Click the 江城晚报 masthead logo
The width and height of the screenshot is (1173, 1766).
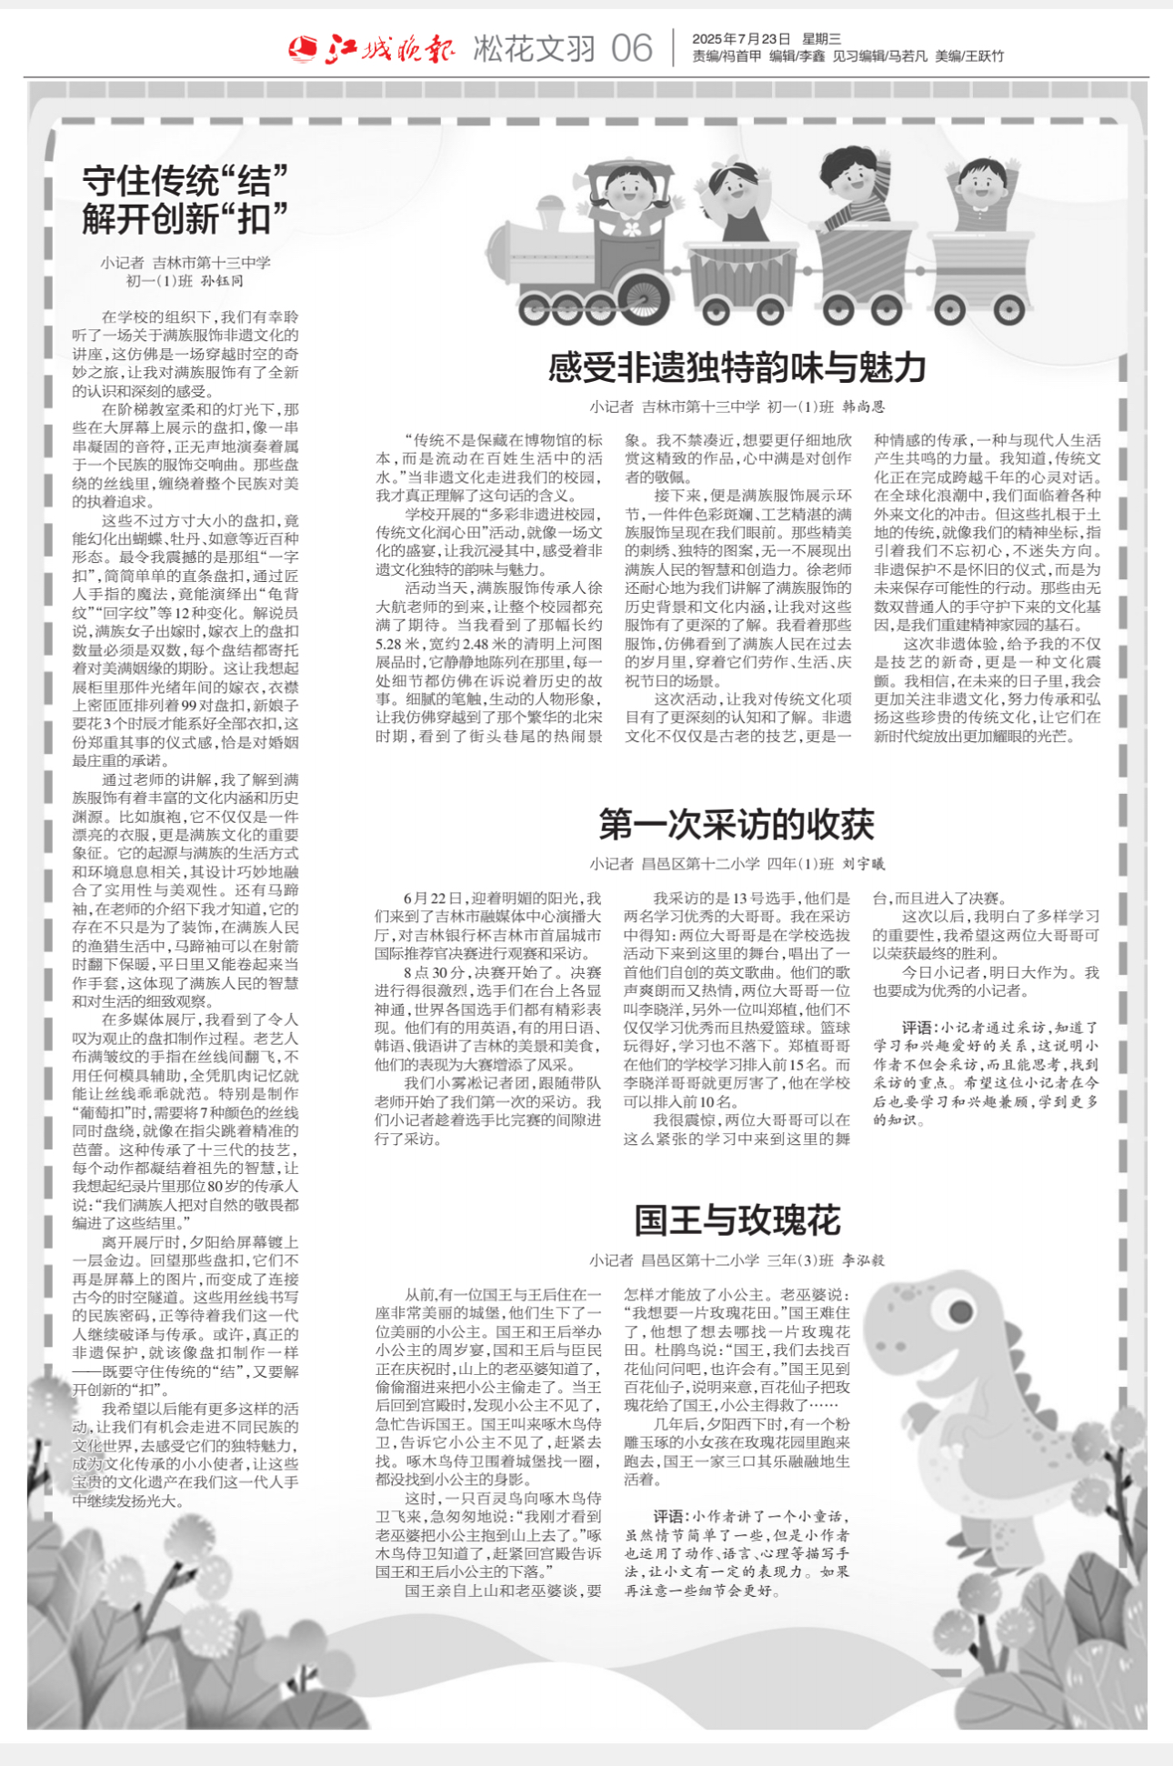point(373,47)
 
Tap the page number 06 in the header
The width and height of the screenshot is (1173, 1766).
point(631,48)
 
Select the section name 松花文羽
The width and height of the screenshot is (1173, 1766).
point(534,48)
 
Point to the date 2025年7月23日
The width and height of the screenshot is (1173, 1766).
point(741,39)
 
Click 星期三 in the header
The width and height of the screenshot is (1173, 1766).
point(821,39)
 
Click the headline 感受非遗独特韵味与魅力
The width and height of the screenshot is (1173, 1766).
point(737,368)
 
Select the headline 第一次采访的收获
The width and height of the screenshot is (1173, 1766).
point(737,824)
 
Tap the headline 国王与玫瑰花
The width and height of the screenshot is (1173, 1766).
point(737,1220)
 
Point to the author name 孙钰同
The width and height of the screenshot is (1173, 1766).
point(222,281)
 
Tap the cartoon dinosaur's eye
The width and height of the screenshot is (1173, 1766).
point(961,1311)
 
